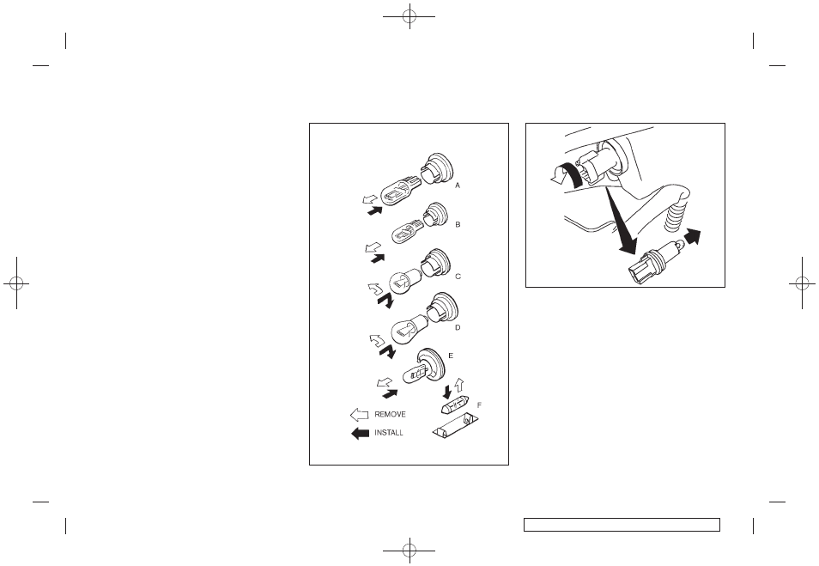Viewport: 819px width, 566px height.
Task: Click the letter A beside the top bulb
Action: [458, 185]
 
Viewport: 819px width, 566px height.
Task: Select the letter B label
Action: [458, 225]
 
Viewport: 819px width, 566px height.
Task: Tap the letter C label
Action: [458, 277]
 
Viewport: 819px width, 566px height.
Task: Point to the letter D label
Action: [458, 328]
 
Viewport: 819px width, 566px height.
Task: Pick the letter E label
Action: [451, 356]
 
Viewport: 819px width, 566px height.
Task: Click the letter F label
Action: [479, 405]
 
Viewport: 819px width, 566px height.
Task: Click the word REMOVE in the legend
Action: [390, 415]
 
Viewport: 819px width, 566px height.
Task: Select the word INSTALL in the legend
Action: [389, 433]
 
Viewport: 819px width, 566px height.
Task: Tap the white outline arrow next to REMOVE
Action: [360, 415]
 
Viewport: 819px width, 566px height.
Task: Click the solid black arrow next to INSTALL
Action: [360, 433]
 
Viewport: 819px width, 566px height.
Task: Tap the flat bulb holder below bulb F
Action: [456, 425]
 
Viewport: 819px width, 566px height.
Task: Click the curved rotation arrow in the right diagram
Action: [567, 174]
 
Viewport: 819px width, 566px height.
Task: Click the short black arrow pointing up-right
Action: [693, 236]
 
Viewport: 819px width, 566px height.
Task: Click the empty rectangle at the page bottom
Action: [622, 525]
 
